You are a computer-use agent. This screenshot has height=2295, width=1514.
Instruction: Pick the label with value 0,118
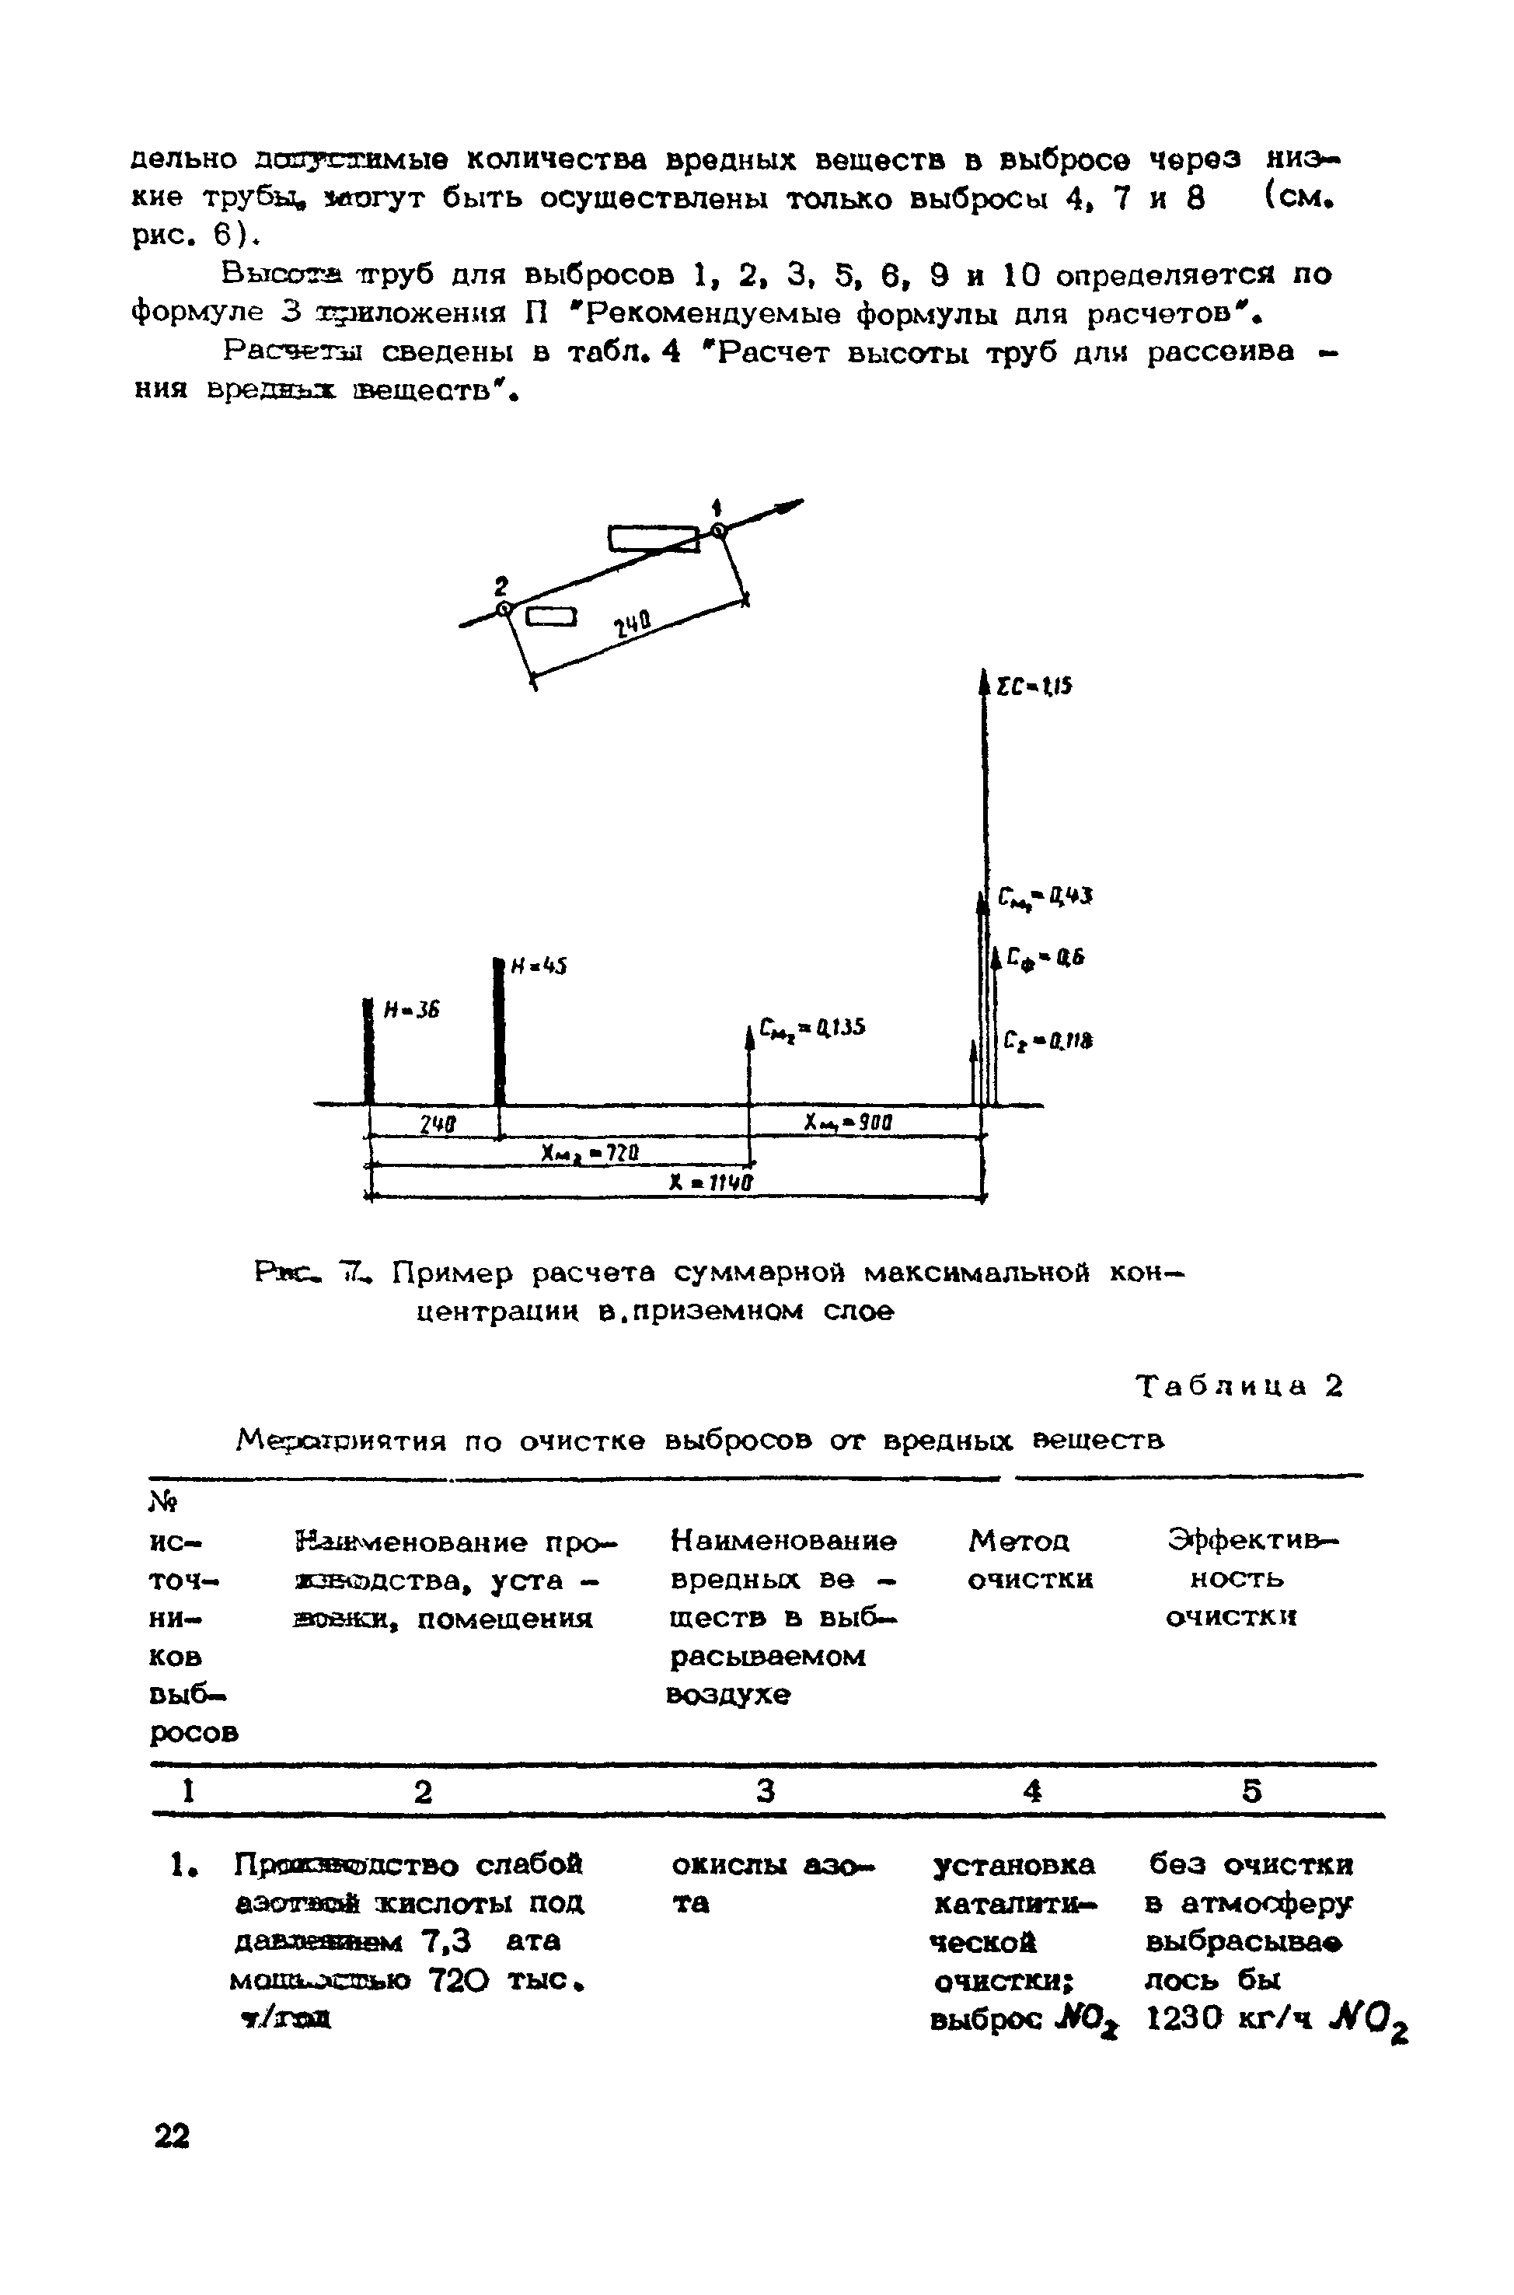tap(1048, 1041)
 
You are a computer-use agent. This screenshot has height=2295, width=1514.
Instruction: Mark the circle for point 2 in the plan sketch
tap(503, 609)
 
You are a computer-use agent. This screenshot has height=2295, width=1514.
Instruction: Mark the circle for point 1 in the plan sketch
tap(717, 530)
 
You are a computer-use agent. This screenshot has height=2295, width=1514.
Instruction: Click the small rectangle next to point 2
tap(550, 617)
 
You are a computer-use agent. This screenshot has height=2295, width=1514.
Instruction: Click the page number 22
tap(172, 2136)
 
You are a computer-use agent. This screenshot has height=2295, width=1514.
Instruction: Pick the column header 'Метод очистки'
tap(1031, 1559)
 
